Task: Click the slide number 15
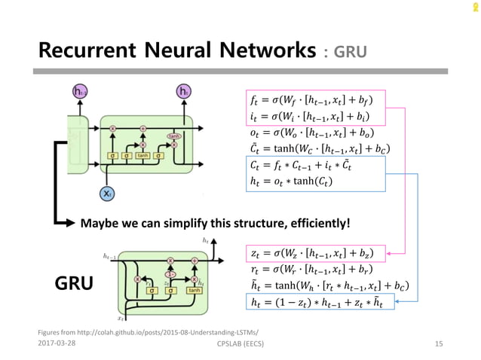click(x=438, y=343)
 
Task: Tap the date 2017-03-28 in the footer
click(x=58, y=343)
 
